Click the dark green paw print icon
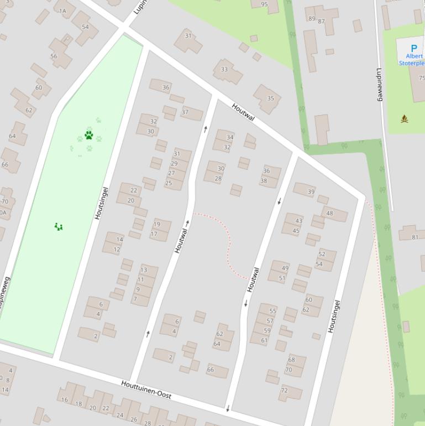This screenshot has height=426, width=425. [x=88, y=134]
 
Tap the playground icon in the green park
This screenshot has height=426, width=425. [x=59, y=226]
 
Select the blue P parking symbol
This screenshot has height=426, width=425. [x=413, y=49]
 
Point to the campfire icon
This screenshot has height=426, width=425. [x=405, y=119]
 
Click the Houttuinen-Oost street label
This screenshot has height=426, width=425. [x=146, y=389]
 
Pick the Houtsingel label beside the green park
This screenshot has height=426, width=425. [x=101, y=203]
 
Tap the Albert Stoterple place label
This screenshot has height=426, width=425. [x=412, y=60]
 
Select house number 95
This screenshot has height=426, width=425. [x=264, y=4]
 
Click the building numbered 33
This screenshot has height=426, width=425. [x=224, y=70]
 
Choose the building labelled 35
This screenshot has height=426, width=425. [x=270, y=98]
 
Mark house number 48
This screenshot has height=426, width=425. [x=329, y=213]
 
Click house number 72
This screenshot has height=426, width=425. [x=284, y=391]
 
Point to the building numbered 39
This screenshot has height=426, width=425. [x=311, y=191]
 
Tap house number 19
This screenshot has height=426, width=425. [x=157, y=224]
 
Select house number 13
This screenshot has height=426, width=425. [x=144, y=270]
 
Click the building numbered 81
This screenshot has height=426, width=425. [x=415, y=237]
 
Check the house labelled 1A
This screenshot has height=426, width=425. [x=62, y=11]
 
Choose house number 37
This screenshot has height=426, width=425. [x=185, y=112]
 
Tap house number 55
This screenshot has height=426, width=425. [x=272, y=311]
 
